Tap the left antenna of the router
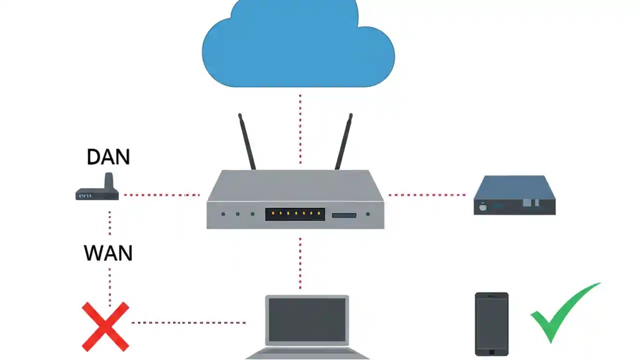click(247, 142)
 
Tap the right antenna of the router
click(343, 142)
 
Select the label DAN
click(108, 157)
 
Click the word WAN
click(108, 253)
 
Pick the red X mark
click(105, 326)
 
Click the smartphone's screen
click(491, 322)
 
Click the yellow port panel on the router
click(295, 214)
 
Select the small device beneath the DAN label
click(98, 190)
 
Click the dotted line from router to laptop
click(300, 262)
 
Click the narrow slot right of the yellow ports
click(344, 215)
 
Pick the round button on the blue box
click(483, 206)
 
